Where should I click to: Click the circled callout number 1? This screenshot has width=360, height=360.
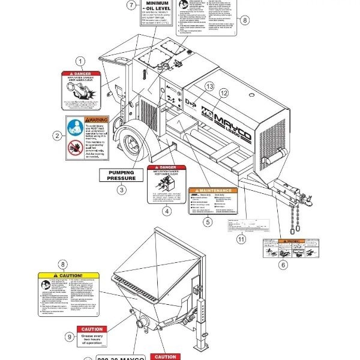click(x=80, y=61)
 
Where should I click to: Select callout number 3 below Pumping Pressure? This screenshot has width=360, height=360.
click(x=122, y=190)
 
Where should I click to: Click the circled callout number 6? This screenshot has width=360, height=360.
click(x=283, y=264)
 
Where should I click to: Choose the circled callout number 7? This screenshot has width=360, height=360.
click(x=131, y=5)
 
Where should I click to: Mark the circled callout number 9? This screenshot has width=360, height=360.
click(x=68, y=337)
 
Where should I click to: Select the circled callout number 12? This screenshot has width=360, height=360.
click(x=223, y=93)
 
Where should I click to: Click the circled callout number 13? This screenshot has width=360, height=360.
click(x=209, y=86)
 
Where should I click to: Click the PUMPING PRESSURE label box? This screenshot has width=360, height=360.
click(x=122, y=175)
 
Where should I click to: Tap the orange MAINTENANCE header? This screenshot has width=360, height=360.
click(x=213, y=190)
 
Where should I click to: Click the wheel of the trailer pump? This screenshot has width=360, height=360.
click(x=131, y=146)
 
